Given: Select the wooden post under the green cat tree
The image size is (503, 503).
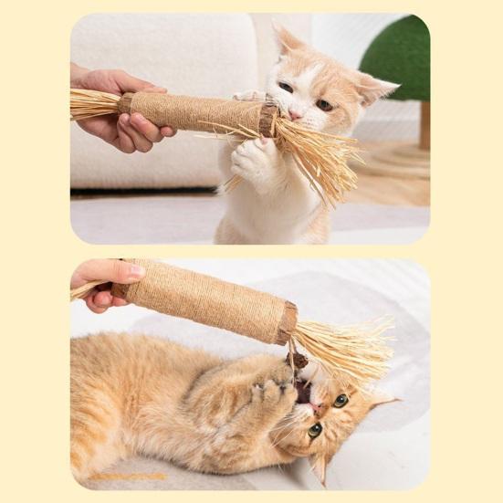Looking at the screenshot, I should pyautogui.click(x=424, y=124).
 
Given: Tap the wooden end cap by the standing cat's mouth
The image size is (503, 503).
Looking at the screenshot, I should pyautogui.click(x=268, y=119).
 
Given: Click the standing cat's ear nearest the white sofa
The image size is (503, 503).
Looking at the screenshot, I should pyautogui.click(x=288, y=40).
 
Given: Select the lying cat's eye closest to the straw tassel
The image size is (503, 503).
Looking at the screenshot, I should pyautogui.click(x=341, y=400).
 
